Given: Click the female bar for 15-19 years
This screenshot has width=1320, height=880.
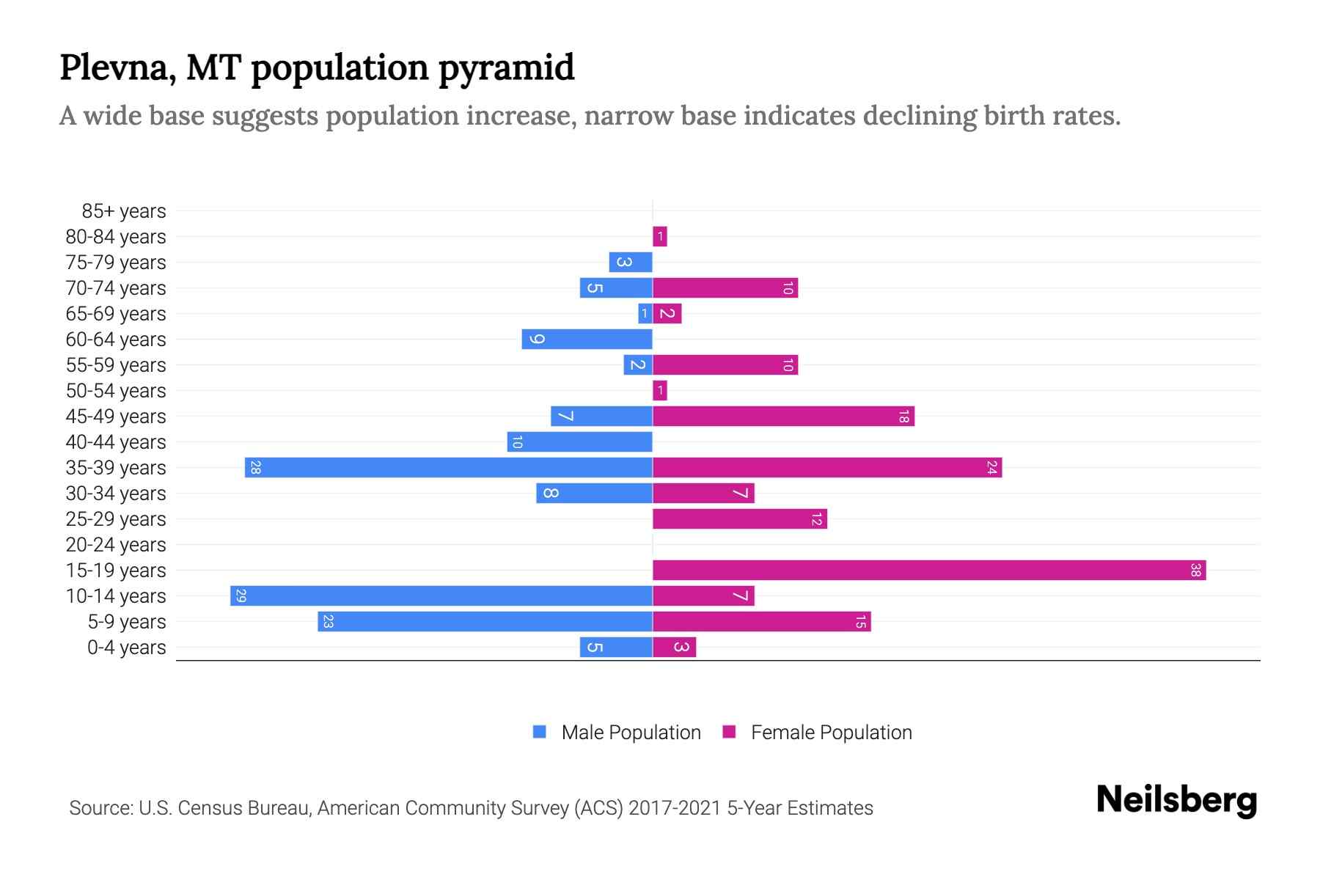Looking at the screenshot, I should (929, 570).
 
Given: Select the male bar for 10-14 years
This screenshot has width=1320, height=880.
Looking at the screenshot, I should (441, 595).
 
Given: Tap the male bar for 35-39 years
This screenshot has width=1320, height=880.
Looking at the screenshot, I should (449, 467).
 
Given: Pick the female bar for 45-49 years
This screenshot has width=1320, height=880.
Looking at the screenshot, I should (783, 416).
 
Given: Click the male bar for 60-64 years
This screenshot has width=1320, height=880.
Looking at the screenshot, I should (587, 339).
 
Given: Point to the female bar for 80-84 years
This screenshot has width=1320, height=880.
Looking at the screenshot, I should (660, 236).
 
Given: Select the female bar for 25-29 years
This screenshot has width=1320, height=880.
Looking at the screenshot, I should (740, 518).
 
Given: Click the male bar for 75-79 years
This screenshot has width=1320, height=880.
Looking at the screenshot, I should (631, 262).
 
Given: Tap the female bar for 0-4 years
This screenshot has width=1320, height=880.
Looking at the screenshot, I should (674, 647).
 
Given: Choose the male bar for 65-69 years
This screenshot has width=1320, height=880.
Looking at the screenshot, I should (645, 313).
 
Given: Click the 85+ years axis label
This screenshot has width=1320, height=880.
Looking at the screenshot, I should (124, 211).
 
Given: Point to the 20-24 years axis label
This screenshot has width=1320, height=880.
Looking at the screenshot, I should (116, 545).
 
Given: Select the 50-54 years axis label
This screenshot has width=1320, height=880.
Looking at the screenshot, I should (116, 391).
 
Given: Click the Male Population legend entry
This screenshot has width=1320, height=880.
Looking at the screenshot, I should (631, 732).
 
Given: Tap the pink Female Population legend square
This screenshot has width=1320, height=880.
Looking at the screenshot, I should (729, 731).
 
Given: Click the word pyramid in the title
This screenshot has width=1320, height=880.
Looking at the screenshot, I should (506, 68).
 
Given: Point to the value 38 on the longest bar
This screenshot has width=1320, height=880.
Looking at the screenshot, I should (1195, 570).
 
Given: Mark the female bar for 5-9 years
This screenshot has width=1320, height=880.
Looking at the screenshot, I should (761, 621).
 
